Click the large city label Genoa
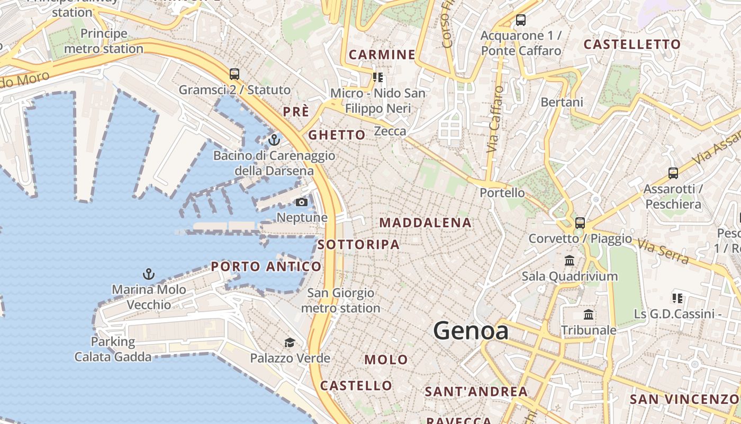pos(471,331)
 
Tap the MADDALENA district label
pos(426,223)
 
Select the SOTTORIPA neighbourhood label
pos(359,244)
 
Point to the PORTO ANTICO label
pos(266,267)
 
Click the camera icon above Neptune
pos(301,202)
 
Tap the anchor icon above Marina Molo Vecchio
pos(149,274)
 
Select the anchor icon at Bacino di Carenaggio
pos(274,140)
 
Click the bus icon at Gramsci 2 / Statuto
pos(234,74)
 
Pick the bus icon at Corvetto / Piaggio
pos(580,223)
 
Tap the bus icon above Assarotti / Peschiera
pos(673,173)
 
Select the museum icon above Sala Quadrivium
pos(570,261)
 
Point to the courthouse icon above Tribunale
pos(589,315)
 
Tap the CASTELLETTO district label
pos(631,45)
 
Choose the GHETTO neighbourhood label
pos(337,135)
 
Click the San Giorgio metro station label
pos(340,300)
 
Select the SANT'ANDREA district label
pos(476,392)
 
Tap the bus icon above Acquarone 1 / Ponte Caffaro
pos(521,21)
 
